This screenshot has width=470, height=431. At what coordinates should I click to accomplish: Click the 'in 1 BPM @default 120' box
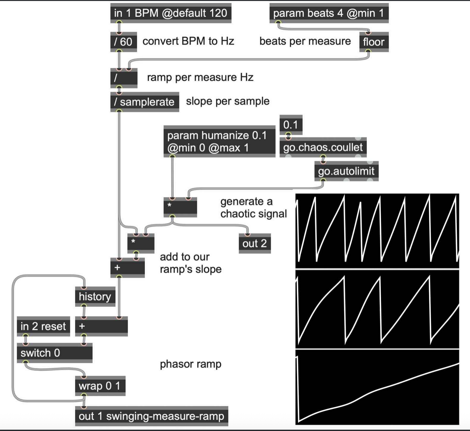[x=171, y=13]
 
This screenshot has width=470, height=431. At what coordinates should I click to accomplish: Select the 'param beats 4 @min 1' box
[x=329, y=13]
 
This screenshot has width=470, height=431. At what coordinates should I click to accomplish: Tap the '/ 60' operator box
[x=123, y=42]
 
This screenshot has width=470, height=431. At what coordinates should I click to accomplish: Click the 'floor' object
[x=374, y=42]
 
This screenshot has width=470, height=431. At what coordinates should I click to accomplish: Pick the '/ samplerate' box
[x=144, y=102]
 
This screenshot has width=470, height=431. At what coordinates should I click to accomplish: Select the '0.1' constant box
[x=290, y=125]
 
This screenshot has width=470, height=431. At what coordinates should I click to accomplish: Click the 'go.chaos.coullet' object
[x=323, y=147]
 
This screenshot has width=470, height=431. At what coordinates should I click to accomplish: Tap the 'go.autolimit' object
[x=346, y=171]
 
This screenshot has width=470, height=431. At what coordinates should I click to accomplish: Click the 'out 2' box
[x=255, y=243]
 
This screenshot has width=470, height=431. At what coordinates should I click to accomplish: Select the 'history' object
[x=95, y=297]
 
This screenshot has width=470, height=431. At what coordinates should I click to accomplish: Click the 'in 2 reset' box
[x=43, y=326]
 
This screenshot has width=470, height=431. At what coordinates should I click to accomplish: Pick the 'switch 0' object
[x=54, y=353]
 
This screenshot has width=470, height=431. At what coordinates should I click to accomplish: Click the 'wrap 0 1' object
[x=100, y=386]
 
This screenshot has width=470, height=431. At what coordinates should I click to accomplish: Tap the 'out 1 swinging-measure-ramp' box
[x=151, y=416]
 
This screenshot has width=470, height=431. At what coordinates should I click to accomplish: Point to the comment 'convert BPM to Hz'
[x=188, y=41]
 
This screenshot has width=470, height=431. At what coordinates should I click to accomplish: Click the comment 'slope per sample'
[x=227, y=101]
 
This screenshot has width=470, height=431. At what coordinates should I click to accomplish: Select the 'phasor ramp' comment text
[x=190, y=364]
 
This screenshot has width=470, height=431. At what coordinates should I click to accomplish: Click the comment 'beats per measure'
[x=305, y=41]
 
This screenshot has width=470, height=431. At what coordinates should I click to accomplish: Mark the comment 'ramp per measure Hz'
[x=200, y=77]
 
